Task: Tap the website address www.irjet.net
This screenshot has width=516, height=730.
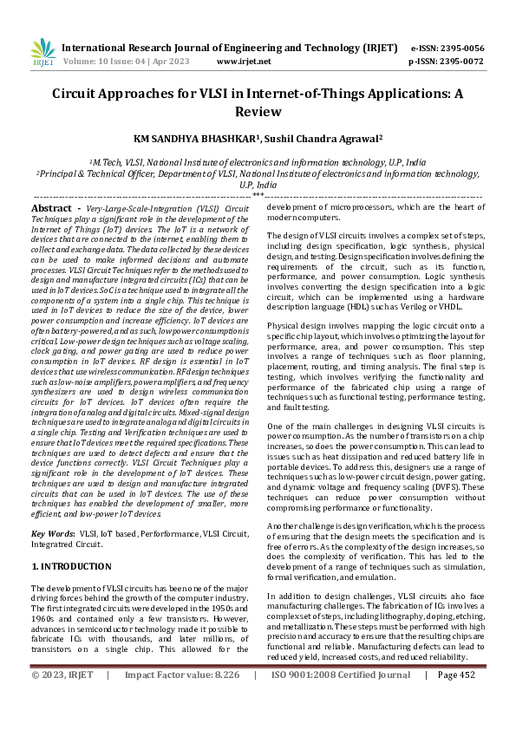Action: (x=244, y=62)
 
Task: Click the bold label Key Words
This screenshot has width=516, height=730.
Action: (x=53, y=533)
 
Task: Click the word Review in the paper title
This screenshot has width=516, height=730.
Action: (x=257, y=111)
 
